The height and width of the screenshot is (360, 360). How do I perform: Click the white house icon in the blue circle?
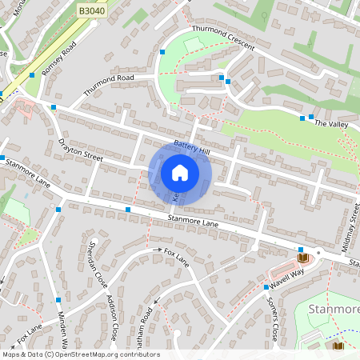point(180,173)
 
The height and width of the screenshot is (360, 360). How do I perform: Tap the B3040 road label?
point(92,10)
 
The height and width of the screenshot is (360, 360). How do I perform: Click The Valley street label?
point(331,124)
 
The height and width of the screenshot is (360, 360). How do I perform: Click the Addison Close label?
point(113,317)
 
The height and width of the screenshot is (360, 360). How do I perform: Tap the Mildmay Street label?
point(353,229)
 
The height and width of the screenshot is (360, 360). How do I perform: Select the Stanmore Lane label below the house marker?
point(193,219)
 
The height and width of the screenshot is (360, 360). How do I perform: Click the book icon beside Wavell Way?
point(302,258)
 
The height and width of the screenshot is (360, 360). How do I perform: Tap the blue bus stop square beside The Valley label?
point(302,118)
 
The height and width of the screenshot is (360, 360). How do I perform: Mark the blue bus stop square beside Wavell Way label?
point(266,287)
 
